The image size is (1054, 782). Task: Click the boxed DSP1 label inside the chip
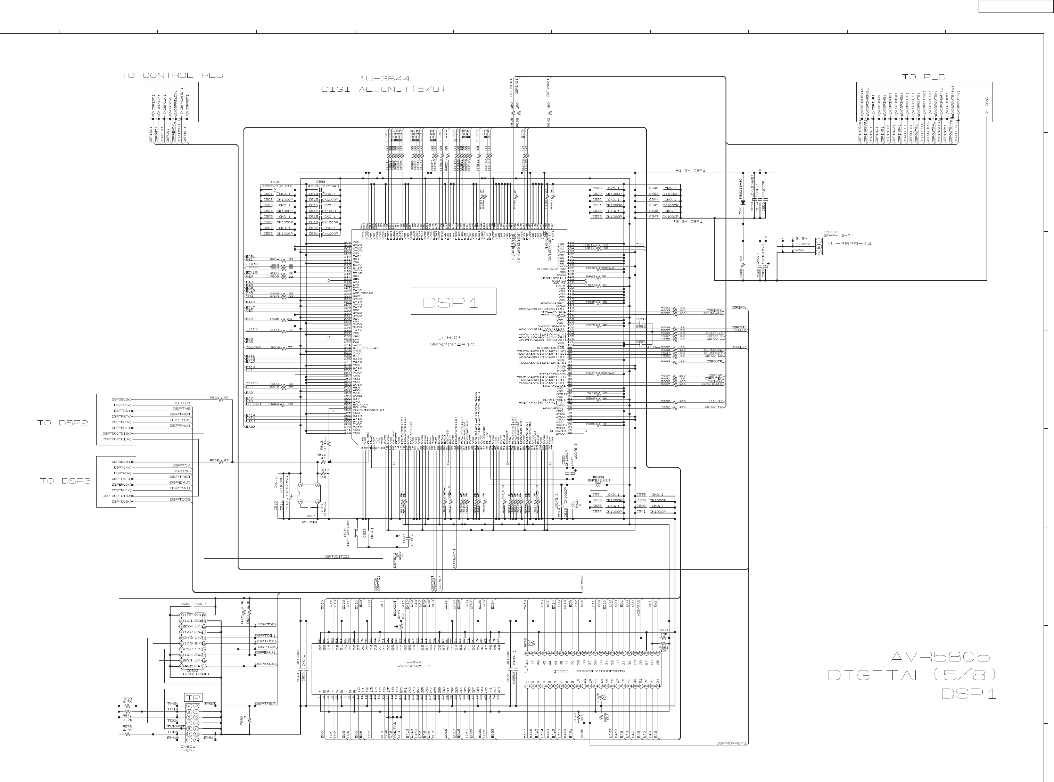click(x=453, y=302)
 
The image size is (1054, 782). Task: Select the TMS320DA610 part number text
click(x=449, y=345)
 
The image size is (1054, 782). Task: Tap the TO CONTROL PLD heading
click(x=172, y=76)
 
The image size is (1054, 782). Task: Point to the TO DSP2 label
click(x=63, y=423)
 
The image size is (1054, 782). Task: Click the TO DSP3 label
click(x=65, y=481)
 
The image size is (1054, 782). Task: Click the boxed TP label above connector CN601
click(x=193, y=697)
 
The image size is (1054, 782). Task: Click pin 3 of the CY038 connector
click(x=819, y=252)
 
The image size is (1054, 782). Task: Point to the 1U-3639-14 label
click(x=849, y=244)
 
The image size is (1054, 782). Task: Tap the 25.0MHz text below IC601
click(x=310, y=522)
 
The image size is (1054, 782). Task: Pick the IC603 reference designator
click(x=192, y=671)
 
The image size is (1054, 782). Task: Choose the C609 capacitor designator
click(x=275, y=182)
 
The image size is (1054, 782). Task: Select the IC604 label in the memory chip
click(x=414, y=662)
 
